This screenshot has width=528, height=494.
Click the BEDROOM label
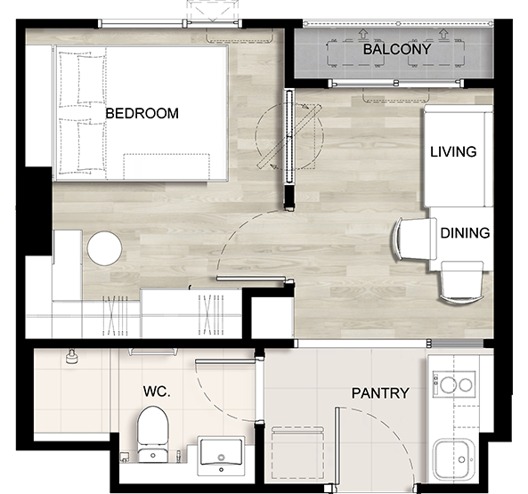(142, 113)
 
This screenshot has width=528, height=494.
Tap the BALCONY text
(397, 50)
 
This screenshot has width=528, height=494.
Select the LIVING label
(453, 152)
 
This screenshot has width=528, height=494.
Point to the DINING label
(465, 233)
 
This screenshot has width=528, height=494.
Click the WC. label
(157, 392)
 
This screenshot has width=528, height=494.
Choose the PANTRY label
(380, 393)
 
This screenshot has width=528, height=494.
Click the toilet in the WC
(152, 434)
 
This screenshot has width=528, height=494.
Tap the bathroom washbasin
(221, 456)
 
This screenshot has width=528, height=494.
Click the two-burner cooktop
(453, 385)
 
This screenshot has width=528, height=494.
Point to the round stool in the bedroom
(104, 248)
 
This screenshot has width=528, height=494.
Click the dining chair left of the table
(413, 239)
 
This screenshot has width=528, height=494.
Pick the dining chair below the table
(461, 283)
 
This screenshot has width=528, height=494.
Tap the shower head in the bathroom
(71, 357)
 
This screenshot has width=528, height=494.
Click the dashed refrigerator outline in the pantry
(297, 452)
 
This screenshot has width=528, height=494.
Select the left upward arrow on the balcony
(362, 33)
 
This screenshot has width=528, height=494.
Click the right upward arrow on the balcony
(443, 33)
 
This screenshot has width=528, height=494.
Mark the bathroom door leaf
(225, 361)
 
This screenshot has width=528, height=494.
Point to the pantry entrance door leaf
(337, 446)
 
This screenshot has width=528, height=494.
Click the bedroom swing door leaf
(251, 279)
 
